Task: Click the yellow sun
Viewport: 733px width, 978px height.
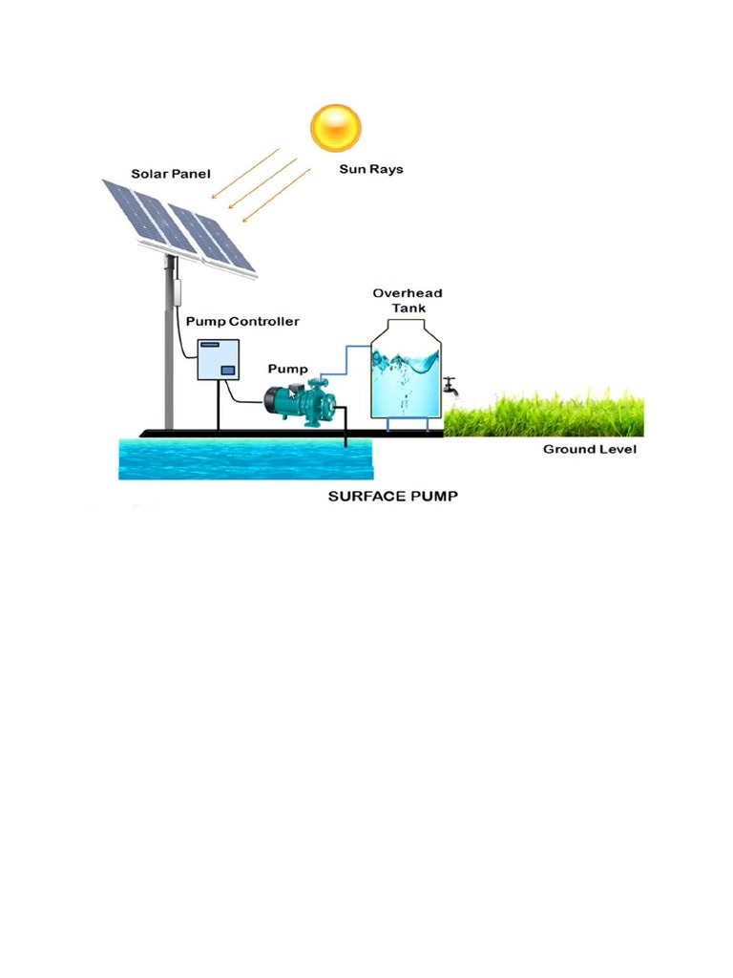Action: pos(336,128)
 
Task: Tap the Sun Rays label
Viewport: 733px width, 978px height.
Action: pos(371,170)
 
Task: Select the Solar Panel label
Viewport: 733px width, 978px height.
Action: pos(171,174)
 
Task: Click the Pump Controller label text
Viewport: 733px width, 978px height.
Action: pos(242,322)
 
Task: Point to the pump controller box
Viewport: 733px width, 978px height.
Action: pos(219,359)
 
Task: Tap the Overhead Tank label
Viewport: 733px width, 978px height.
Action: pos(408,300)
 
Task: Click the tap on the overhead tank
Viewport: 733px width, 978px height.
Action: pos(450,387)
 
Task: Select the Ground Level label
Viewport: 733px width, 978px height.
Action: pos(589,449)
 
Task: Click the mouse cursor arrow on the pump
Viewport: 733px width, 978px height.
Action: pos(293,393)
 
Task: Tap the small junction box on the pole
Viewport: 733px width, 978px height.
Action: pos(176,291)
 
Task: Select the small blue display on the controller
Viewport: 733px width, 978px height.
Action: pos(228,371)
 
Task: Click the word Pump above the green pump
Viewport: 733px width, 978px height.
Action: pos(287,369)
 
